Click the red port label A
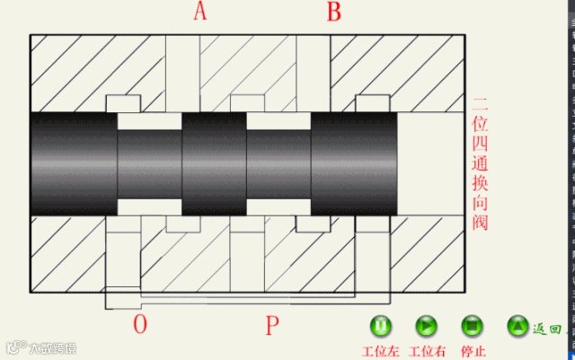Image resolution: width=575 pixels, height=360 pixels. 199,12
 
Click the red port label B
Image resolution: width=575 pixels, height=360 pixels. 334,12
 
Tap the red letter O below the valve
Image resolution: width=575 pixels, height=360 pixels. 139,324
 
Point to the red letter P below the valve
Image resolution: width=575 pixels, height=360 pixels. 272,325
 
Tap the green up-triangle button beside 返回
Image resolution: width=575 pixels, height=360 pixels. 517,325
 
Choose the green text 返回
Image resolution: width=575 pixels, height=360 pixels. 547,329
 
